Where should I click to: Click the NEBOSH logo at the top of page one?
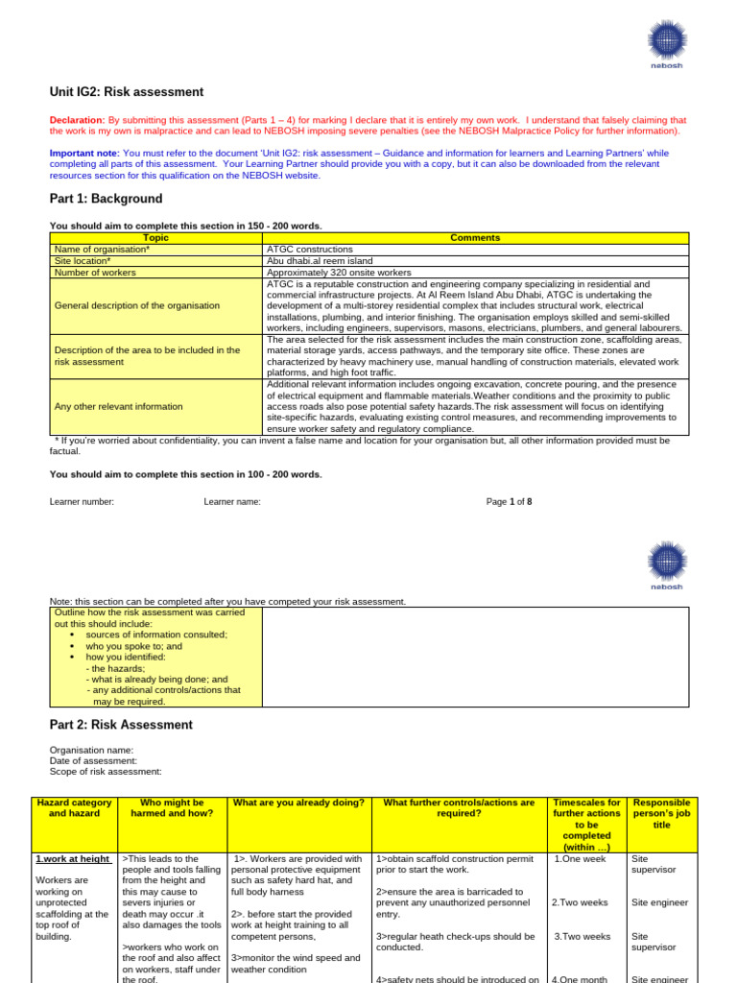(667, 43)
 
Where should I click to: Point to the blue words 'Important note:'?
(84, 154)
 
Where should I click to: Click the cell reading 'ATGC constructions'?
(310, 249)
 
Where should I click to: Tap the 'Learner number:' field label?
(82, 501)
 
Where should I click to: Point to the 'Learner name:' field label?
(232, 501)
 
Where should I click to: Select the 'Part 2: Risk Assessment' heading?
(121, 725)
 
